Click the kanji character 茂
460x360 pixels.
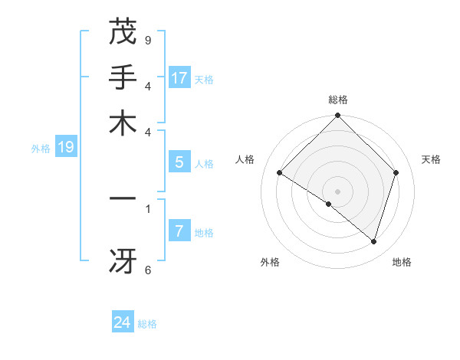123,32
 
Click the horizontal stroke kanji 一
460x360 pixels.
123,198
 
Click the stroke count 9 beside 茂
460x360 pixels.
148,40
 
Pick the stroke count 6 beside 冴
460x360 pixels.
148,270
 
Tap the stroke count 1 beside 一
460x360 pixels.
148,208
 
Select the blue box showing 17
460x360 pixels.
179,78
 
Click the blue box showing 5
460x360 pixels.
179,162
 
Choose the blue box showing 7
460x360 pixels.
179,231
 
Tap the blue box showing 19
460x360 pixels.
66,148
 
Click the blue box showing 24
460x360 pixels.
123,323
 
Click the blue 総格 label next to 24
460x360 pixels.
147,324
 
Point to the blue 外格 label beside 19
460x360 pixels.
40,149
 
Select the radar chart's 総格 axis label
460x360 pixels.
338,100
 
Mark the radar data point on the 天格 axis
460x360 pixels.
396,173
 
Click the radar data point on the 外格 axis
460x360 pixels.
329,205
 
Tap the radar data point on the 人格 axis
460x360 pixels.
280,173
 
